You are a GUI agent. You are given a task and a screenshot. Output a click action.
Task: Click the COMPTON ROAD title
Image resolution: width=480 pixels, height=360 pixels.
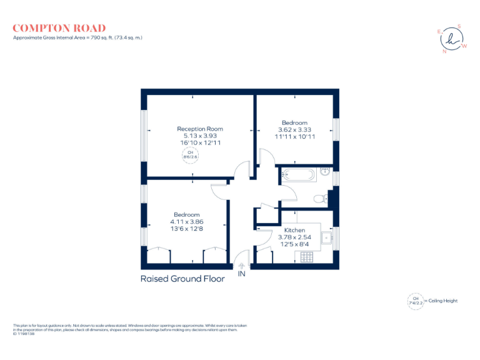(59, 28)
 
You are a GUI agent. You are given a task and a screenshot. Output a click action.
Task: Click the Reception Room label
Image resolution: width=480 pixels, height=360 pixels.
(199, 129)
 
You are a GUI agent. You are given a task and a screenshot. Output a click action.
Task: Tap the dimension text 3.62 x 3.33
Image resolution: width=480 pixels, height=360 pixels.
(294, 129)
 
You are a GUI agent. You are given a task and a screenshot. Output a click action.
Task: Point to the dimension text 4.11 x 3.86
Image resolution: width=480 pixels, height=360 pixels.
(187, 222)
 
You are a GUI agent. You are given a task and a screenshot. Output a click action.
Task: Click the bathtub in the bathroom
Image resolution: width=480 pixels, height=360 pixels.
(299, 175)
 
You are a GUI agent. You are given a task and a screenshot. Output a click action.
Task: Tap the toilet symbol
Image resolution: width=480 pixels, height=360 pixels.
(319, 199)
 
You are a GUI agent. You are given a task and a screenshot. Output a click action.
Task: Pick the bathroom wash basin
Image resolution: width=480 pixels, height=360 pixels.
(325, 171)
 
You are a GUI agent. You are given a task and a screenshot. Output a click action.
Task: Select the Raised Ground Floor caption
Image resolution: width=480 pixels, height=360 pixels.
(182, 279)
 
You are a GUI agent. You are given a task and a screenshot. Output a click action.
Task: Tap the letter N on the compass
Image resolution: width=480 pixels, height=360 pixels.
(444, 52)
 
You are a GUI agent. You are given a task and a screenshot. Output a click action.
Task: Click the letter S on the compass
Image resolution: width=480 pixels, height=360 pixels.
(459, 26)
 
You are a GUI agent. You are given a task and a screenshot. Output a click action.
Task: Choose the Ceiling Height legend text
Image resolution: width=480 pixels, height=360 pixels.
(443, 301)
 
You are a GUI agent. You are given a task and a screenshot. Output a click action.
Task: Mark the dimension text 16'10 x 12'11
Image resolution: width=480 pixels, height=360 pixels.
(199, 142)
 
